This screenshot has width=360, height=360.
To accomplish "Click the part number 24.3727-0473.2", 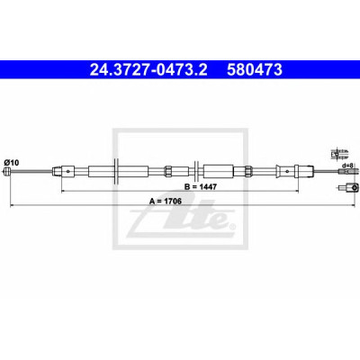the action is (148, 70).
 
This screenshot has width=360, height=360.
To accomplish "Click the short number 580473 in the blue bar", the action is (255, 70).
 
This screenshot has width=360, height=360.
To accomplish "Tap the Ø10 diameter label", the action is (12, 163).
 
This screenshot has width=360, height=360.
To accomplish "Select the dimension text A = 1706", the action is (166, 202).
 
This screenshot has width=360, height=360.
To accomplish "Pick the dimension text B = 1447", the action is (201, 187).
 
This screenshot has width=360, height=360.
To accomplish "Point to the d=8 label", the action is (348, 165).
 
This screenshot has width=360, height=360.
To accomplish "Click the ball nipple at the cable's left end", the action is (6, 172).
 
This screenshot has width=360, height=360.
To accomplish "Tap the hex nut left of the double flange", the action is (168, 171).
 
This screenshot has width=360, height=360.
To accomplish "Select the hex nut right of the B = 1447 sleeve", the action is (248, 171).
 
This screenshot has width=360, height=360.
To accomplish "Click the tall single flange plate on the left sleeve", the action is (116, 171).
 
